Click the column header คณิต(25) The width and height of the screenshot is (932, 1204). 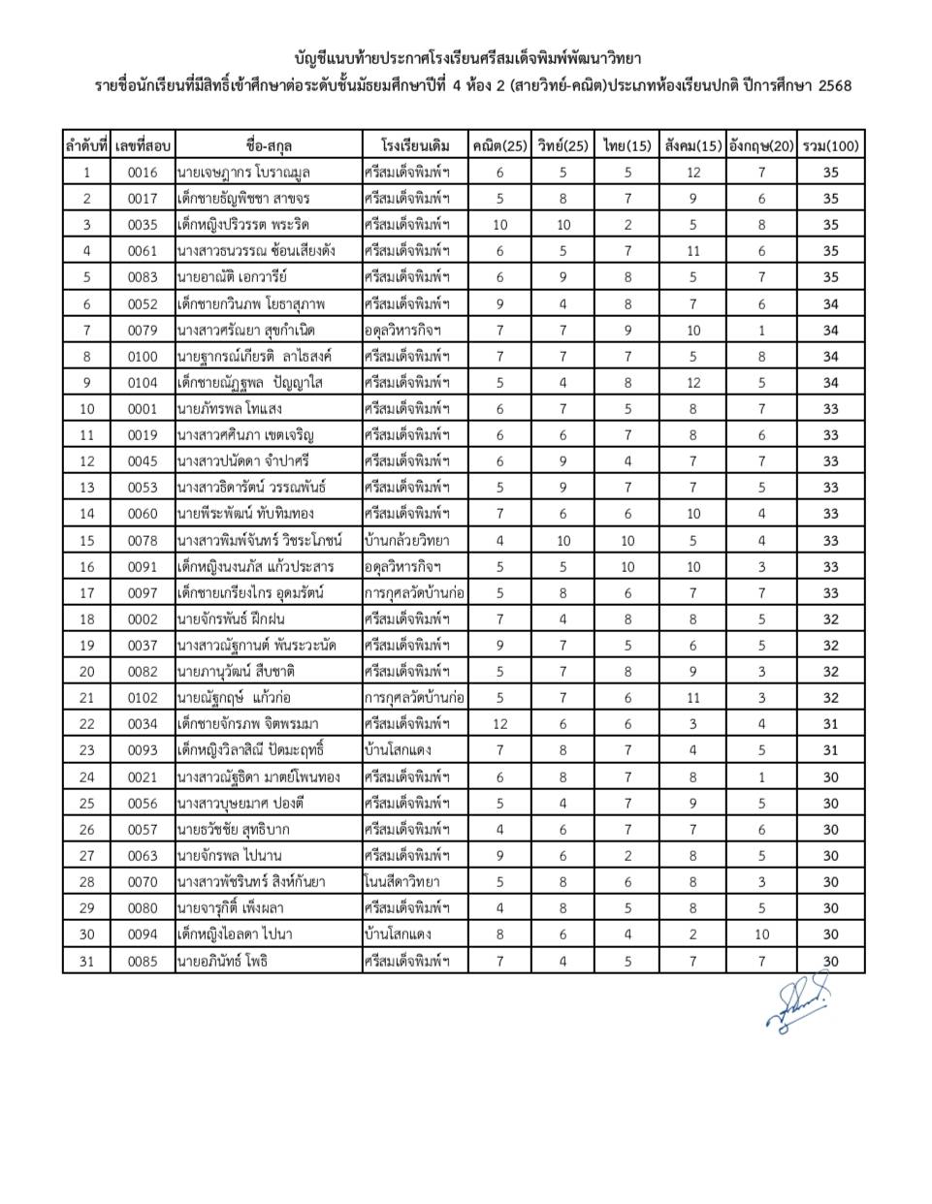pyautogui.click(x=499, y=145)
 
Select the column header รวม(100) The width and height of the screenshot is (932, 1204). pyautogui.click(x=831, y=145)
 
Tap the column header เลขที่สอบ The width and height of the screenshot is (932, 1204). pyautogui.click(x=143, y=145)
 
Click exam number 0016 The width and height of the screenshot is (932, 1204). pyautogui.click(x=143, y=173)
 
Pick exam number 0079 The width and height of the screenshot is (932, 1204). pyautogui.click(x=143, y=330)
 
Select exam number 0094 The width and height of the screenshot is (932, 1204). pyautogui.click(x=143, y=935)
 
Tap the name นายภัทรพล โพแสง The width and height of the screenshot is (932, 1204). pyautogui.click(x=230, y=408)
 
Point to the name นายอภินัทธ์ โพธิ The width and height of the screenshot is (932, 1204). pyautogui.click(x=222, y=961)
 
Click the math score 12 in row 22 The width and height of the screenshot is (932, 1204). pyautogui.click(x=499, y=724)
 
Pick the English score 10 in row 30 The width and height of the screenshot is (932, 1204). pyautogui.click(x=761, y=935)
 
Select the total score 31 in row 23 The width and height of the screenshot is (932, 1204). pyautogui.click(x=831, y=750)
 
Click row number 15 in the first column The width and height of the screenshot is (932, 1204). pyautogui.click(x=87, y=540)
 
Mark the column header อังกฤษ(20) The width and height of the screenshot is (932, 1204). pyautogui.click(x=761, y=145)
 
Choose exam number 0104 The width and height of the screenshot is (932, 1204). pyautogui.click(x=143, y=382)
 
